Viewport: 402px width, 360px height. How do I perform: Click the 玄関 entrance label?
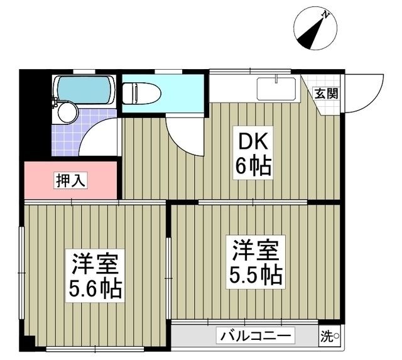click(326, 94)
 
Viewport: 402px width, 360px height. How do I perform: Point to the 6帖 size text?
click(253, 166)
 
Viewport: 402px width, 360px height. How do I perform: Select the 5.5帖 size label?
click(254, 275)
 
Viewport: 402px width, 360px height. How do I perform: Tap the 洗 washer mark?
click(329, 336)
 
